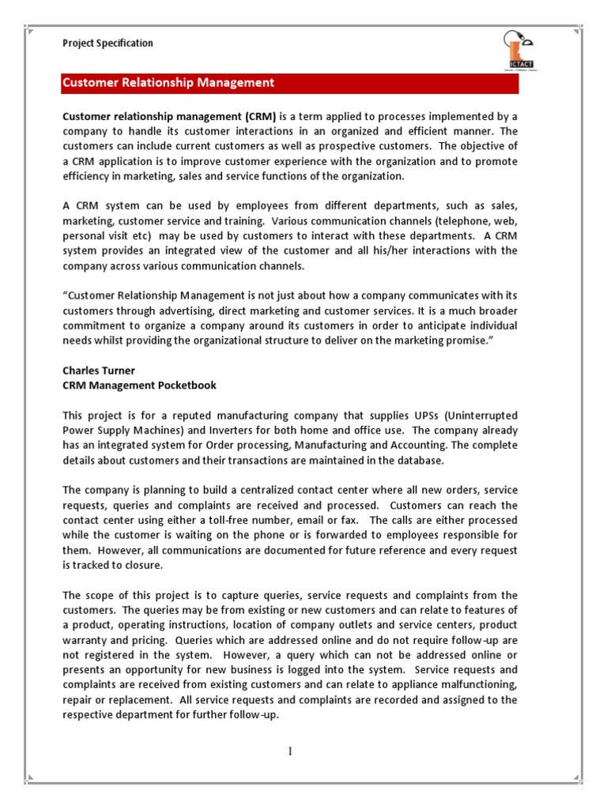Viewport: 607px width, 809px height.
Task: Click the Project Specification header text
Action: pyautogui.click(x=108, y=43)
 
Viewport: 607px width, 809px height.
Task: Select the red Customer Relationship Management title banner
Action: pyautogui.click(x=290, y=83)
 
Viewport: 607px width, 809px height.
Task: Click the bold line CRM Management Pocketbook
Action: pyautogui.click(x=139, y=385)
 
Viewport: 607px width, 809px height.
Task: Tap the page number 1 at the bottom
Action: pyautogui.click(x=290, y=751)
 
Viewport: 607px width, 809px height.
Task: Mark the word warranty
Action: pyautogui.click(x=87, y=640)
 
